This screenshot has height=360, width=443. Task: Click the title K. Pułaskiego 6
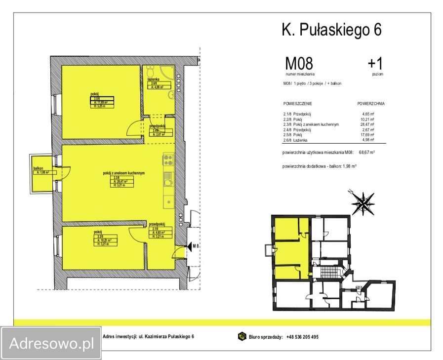(331, 31)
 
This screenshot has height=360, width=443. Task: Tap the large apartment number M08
(299, 64)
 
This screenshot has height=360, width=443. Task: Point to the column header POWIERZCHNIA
(370, 104)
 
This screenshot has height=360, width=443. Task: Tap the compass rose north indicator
(363, 201)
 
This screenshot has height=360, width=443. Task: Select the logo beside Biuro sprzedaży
(242, 337)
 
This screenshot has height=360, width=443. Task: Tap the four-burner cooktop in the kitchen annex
(167, 160)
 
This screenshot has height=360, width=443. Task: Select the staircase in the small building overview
(327, 273)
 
